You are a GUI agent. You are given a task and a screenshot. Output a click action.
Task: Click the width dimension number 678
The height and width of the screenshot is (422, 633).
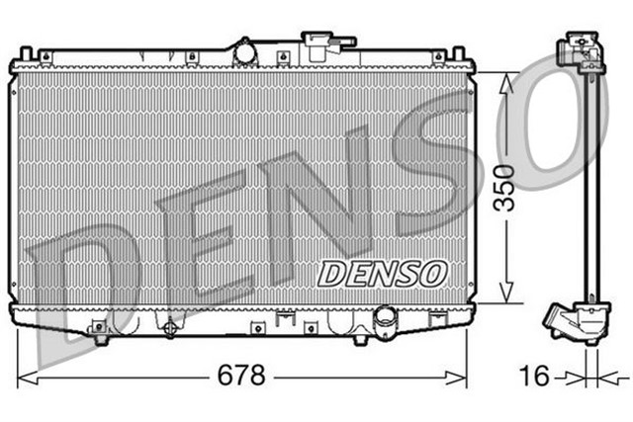242,377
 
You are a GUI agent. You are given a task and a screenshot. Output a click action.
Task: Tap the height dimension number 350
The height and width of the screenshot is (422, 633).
505,189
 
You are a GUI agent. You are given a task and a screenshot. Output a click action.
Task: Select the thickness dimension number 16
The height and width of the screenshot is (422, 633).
533,377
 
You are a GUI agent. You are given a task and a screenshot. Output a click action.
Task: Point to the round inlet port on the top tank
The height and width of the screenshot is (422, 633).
243,51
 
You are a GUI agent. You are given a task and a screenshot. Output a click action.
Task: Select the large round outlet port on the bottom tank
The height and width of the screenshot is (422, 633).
384,318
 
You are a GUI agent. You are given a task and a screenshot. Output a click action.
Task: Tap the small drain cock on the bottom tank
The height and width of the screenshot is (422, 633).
171,328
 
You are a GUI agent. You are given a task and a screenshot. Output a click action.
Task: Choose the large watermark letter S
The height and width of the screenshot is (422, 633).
435,158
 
